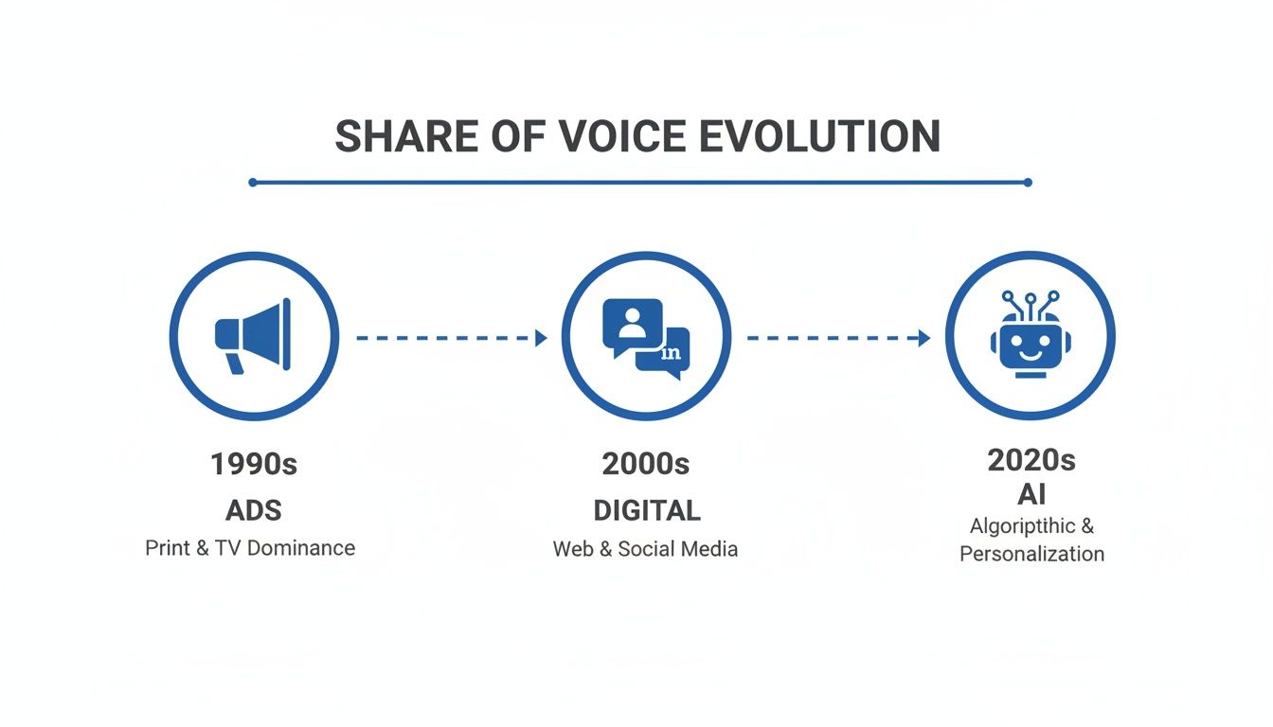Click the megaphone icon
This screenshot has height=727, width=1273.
pos(253,335)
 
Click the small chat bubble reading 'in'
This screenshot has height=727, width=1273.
pos(669,354)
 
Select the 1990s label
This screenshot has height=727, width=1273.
pos(253,464)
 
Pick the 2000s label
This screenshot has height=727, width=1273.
pos(645,464)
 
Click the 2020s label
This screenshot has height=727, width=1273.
pos(1031,461)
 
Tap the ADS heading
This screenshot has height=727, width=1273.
pos(253,511)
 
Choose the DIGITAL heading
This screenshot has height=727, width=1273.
pos(646,511)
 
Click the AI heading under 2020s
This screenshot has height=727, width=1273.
pos(1031,493)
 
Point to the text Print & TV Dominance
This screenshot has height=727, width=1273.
pos(250,548)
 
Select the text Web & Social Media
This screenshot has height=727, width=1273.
pos(645,549)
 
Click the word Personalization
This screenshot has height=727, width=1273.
pos(1031,554)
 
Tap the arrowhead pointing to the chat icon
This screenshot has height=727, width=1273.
pos(542,338)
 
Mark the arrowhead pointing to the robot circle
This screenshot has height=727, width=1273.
pos(925,338)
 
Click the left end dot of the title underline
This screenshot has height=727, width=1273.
pos(253,182)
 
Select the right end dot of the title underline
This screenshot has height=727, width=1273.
pos(1029,182)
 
